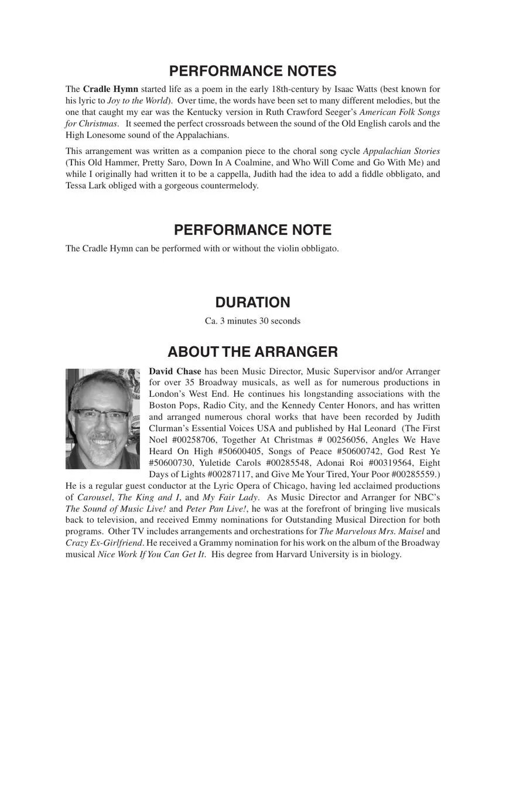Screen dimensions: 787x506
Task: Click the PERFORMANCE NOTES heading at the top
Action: (252, 71)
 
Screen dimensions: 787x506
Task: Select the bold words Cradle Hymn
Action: (111, 89)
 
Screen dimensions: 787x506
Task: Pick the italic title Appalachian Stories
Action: (401, 151)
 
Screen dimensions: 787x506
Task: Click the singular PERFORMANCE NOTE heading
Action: (252, 230)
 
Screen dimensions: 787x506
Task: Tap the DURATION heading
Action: (252, 302)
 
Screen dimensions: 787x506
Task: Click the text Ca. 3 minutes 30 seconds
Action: (252, 321)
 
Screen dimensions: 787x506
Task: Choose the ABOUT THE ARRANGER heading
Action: (252, 352)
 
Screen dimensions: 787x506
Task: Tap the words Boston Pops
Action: (173, 406)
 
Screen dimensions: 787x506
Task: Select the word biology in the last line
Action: (385, 554)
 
